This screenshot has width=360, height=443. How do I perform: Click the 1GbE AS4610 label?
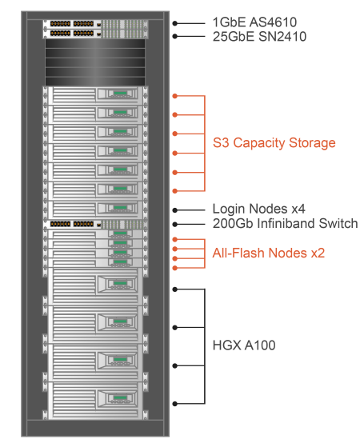pyautogui.click(x=254, y=22)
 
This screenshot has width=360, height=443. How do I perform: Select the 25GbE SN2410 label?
pyautogui.click(x=259, y=37)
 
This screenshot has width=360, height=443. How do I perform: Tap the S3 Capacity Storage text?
pyautogui.click(x=274, y=143)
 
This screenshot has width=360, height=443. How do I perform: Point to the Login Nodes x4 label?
pyautogui.click(x=258, y=209)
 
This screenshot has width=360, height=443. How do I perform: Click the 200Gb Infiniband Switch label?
pyautogui.click(x=285, y=223)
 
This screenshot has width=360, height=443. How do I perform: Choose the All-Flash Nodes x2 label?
pyautogui.click(x=269, y=253)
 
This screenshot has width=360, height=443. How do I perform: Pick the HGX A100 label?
pyautogui.click(x=244, y=345)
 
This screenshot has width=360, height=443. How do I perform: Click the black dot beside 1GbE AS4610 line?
pyautogui.click(x=175, y=23)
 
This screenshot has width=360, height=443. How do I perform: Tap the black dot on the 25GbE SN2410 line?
pyautogui.click(x=175, y=36)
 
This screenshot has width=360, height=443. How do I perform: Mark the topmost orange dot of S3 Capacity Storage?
pyautogui.click(x=175, y=96)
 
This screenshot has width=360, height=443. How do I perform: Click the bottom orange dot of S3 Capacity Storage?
pyautogui.click(x=175, y=191)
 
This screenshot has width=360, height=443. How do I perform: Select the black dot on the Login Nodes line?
pyautogui.click(x=175, y=210)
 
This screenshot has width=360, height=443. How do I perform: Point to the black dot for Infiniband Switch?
pyautogui.click(x=175, y=225)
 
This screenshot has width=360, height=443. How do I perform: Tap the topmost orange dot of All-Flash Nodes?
pyautogui.click(x=175, y=240)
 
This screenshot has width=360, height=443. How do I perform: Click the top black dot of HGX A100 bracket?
pyautogui.click(x=175, y=289)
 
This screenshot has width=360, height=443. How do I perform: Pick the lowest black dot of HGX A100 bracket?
pyautogui.click(x=175, y=404)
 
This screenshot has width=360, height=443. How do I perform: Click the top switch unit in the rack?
pyautogui.click(x=95, y=24)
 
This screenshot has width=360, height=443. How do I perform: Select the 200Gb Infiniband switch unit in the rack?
pyautogui.click(x=95, y=225)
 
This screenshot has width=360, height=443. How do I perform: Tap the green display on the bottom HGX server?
pyautogui.click(x=120, y=397)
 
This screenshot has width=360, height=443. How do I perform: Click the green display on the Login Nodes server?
pyautogui.click(x=121, y=208)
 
